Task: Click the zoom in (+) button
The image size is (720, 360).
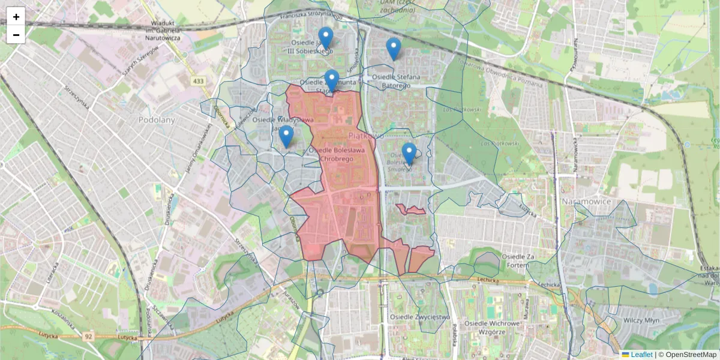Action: click(x=16, y=17)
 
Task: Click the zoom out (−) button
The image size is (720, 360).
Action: click(x=16, y=35)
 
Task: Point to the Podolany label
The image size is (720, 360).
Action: click(x=156, y=120)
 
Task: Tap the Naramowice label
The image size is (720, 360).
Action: click(x=586, y=201)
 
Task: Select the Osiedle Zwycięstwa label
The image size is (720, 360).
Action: click(x=419, y=316)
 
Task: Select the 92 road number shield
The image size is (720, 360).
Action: click(x=89, y=337)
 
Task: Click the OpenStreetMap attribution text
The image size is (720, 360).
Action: click(x=687, y=355)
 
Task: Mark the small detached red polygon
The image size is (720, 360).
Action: click(x=411, y=209)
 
